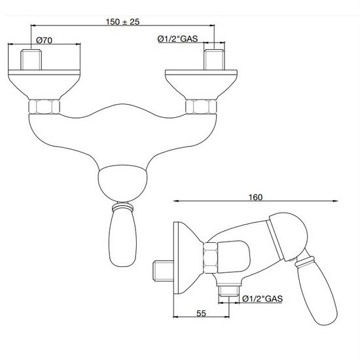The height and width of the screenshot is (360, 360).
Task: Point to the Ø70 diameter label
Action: [x=45, y=40]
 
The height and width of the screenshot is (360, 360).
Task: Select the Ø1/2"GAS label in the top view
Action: [x=179, y=39]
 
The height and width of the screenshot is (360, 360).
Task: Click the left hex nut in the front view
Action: [x=45, y=106]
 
